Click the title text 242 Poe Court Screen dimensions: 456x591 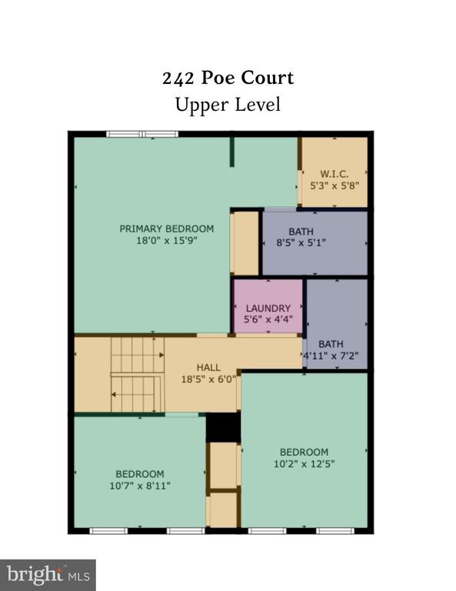228,78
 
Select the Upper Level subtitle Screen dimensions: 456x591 228,105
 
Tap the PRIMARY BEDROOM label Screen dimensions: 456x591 166,229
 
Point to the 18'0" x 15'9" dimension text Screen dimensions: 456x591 166,240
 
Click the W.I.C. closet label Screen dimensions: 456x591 334,174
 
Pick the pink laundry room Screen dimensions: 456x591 268,306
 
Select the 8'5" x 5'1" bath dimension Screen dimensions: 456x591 301,242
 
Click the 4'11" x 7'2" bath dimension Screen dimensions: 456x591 331,356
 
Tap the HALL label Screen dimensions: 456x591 208,368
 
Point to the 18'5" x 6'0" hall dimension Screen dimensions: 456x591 208,379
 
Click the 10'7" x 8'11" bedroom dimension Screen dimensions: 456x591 140,486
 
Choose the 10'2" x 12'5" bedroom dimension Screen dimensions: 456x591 304,463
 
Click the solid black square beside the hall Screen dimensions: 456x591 223,427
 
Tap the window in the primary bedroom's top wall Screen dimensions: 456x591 142,134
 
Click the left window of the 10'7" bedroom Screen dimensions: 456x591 108,531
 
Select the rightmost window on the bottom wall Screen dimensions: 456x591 335,531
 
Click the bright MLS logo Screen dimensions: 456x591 48,575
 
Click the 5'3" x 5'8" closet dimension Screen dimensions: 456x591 334,185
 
